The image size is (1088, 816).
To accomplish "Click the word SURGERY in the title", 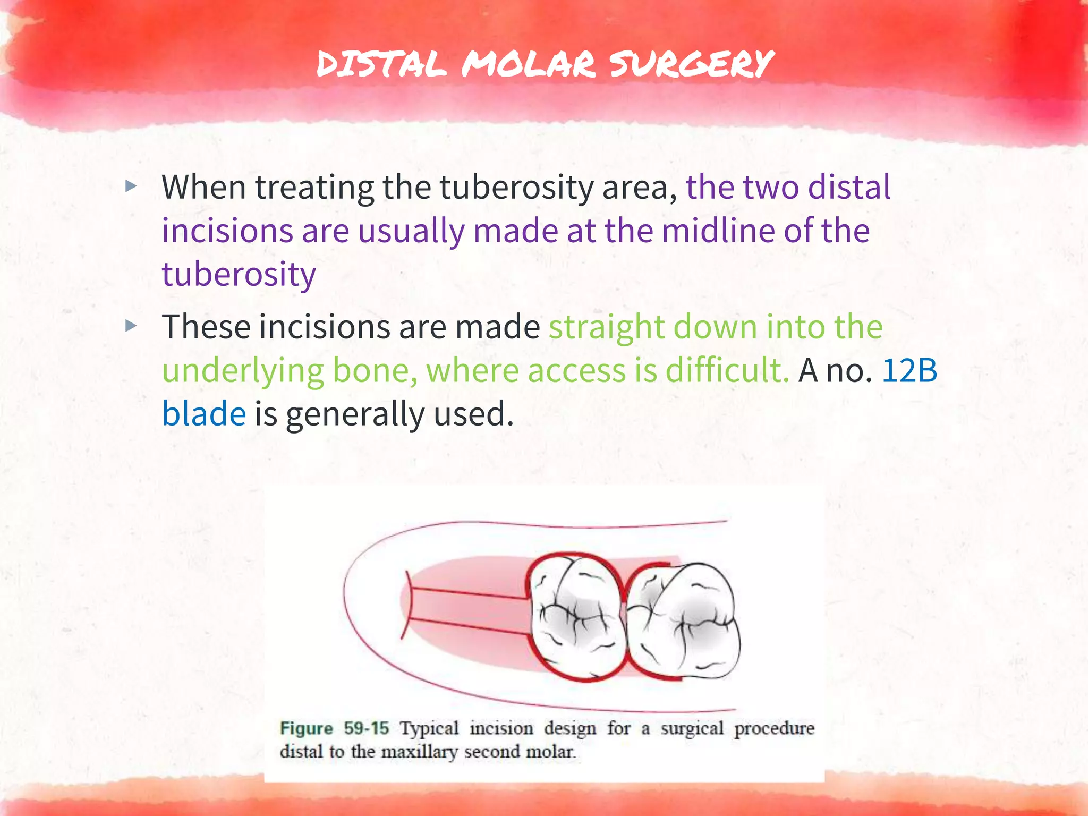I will [x=691, y=64].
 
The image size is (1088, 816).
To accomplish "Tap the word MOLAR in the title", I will [x=529, y=64].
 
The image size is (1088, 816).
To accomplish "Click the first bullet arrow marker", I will [x=131, y=186].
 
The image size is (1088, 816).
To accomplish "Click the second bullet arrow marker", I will [x=131, y=326].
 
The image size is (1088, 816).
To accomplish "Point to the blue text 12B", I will [x=909, y=370].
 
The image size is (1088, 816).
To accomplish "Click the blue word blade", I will [x=204, y=414].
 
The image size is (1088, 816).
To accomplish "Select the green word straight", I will [x=606, y=326].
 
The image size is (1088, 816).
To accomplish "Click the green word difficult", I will [x=727, y=370].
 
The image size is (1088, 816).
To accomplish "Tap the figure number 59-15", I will [x=367, y=728].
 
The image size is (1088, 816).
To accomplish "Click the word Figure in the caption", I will [x=307, y=728].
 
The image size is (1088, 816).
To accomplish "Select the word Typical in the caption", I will [x=429, y=728].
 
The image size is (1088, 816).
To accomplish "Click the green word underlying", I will [x=242, y=370].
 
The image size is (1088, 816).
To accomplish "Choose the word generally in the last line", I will [x=355, y=414].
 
